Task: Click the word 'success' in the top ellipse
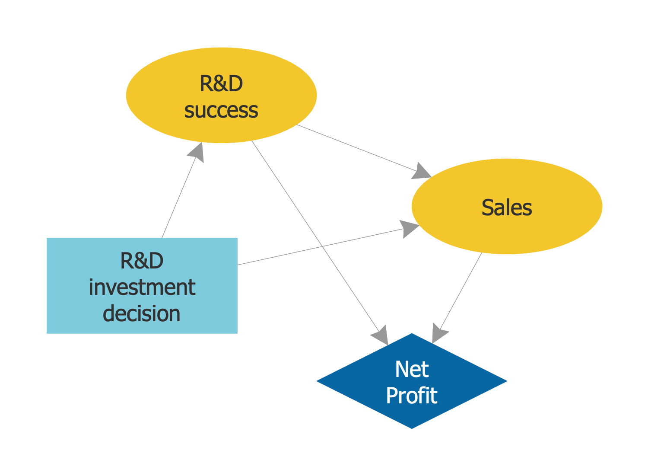[221, 110]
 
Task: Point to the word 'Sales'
[507, 208]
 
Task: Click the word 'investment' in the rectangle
[142, 288]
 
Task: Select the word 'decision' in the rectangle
[142, 313]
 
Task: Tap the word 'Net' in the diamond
[412, 370]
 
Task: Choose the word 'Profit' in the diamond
[412, 396]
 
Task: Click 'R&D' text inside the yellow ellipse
[221, 84]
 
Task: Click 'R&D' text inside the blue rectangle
[142, 261]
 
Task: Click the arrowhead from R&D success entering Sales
[422, 171]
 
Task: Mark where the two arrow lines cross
[322, 246]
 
